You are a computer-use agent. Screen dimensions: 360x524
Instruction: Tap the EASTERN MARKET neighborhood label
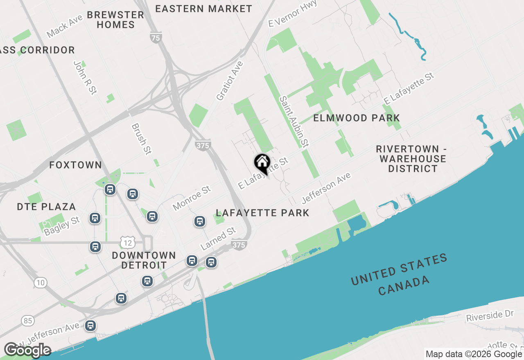[x=203, y=9]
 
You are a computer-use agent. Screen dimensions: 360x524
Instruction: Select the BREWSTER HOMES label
[x=115, y=20]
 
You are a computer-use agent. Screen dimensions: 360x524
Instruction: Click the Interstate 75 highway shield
[x=156, y=38]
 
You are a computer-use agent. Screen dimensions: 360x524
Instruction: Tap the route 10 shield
[x=40, y=282]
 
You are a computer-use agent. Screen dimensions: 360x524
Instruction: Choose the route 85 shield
[x=28, y=321]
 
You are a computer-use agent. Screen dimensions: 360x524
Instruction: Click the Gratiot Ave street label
[x=230, y=81]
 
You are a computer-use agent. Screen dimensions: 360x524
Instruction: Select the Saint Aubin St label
[x=294, y=122]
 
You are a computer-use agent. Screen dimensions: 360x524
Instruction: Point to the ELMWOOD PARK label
[x=357, y=118]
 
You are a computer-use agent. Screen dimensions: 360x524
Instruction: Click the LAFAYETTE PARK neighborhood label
[x=262, y=213]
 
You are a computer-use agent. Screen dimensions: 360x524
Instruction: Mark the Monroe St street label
[x=192, y=198]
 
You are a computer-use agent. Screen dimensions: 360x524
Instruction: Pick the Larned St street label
[x=218, y=239]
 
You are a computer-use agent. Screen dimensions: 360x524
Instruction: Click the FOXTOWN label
[x=75, y=165]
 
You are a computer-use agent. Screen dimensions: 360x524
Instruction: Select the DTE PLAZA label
[x=46, y=207]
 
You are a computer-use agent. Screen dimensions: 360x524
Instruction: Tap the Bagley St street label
[x=62, y=226]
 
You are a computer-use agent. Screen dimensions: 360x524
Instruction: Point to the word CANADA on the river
[x=404, y=286]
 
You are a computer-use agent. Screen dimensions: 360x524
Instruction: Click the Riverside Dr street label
[x=490, y=315]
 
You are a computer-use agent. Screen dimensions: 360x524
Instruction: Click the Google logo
[x=27, y=350]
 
